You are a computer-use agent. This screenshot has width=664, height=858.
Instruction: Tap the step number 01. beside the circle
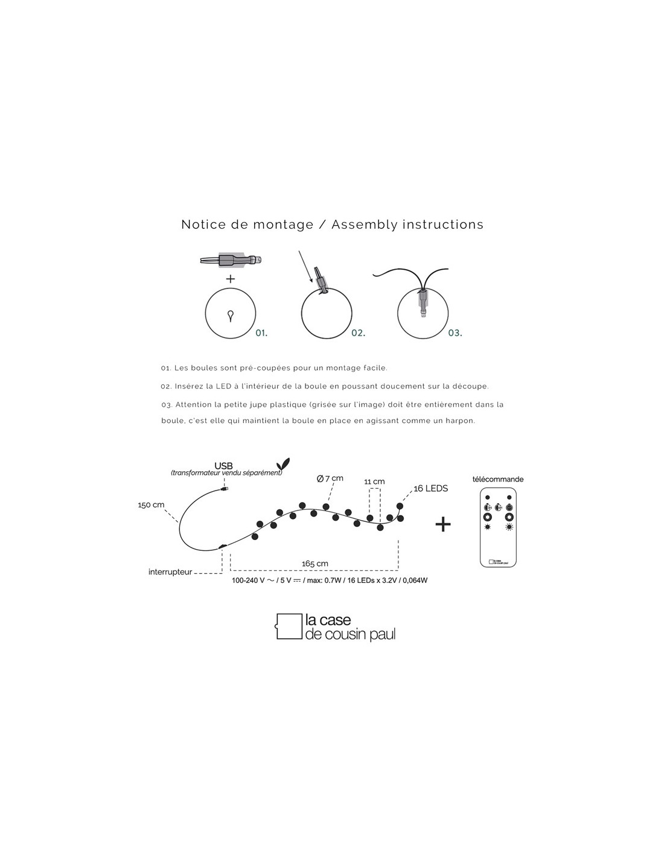tap(261, 332)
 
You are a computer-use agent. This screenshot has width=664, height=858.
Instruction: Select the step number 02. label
tap(358, 332)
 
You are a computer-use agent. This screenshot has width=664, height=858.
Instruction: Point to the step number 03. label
tap(455, 332)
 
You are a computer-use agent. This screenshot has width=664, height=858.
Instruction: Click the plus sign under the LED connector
tap(230, 279)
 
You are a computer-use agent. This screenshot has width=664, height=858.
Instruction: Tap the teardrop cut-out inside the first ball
tap(230, 314)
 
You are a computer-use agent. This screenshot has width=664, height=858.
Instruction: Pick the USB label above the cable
tap(224, 466)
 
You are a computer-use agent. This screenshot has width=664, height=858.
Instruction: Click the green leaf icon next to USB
tap(281, 463)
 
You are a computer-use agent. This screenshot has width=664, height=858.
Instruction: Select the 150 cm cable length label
tap(151, 505)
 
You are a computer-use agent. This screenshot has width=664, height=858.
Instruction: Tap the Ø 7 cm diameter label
tap(330, 478)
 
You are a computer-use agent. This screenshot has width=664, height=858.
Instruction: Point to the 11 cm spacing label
tap(374, 481)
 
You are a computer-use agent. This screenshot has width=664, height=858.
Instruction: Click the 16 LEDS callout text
tap(430, 488)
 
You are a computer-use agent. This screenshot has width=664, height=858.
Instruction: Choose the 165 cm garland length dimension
tap(314, 564)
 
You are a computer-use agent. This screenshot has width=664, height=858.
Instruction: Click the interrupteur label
tap(170, 571)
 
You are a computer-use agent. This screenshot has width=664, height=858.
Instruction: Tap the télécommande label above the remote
tap(498, 479)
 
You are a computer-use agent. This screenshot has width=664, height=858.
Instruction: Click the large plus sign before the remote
tap(443, 524)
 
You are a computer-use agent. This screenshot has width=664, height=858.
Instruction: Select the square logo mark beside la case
tap(289, 626)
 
